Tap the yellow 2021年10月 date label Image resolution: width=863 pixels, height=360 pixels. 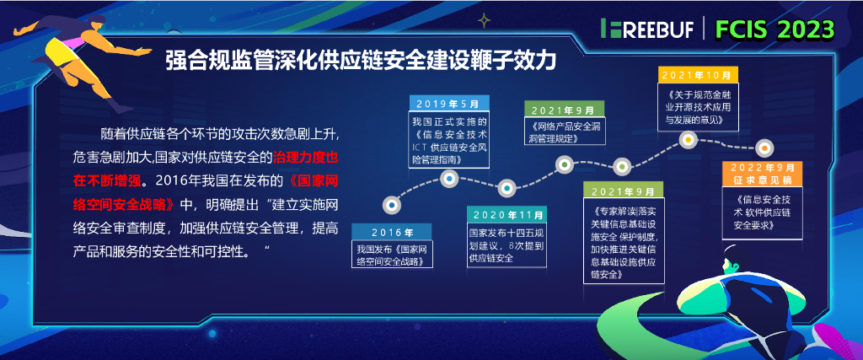[695, 76]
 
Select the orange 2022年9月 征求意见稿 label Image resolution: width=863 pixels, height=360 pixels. [762, 175]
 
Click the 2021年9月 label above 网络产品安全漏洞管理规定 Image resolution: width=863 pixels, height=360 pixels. [564, 109]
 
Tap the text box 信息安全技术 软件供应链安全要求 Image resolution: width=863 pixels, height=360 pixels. [762, 212]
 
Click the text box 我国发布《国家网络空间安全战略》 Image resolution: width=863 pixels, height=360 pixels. [391, 255]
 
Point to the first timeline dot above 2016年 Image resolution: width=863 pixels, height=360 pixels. [391, 204]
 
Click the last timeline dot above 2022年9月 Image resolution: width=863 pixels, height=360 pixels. [764, 149]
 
